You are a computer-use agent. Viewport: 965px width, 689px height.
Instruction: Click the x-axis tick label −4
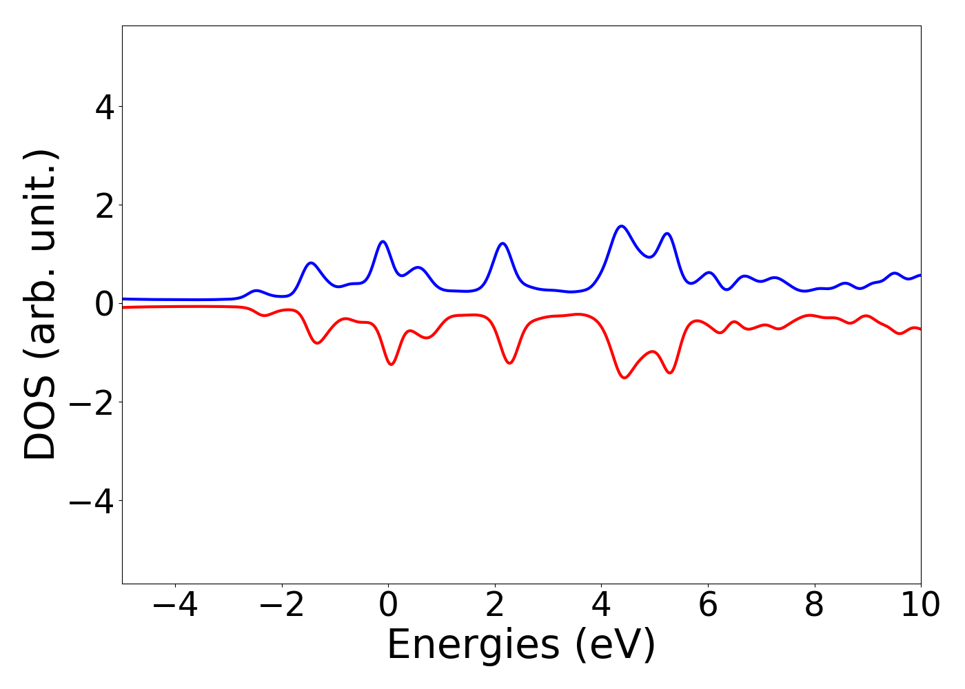175,606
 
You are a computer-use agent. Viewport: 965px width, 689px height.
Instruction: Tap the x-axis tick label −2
282,606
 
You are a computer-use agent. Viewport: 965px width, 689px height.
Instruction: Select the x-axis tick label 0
388,606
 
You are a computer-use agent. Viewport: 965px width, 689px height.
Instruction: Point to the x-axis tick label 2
495,606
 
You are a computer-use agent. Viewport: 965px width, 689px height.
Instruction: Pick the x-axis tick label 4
602,606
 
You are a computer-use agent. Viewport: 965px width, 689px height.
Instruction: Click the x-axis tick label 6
708,606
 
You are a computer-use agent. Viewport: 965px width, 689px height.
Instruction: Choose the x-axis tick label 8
815,606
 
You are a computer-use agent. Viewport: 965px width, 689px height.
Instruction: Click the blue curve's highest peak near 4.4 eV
622,226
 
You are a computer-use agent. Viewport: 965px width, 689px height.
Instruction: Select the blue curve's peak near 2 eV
502,243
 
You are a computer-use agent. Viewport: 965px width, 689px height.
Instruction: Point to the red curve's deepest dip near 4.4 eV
624,378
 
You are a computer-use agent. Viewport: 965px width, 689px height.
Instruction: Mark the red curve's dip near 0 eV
392,364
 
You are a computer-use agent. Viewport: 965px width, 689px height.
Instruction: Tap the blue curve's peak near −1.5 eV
312,263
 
